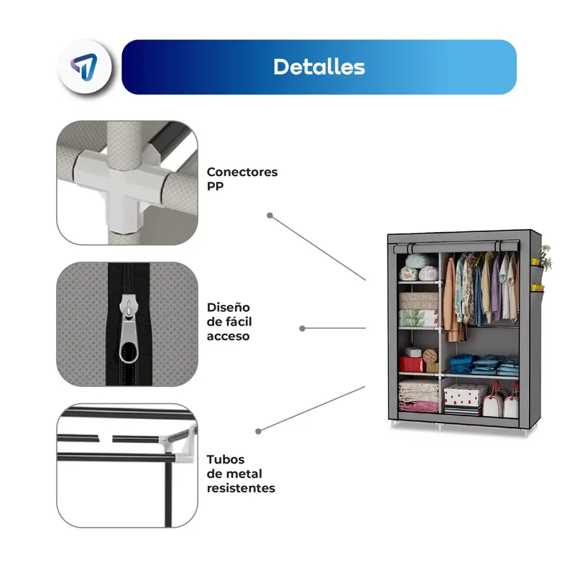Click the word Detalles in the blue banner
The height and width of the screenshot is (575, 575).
318,67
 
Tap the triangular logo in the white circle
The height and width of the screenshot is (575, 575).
86,68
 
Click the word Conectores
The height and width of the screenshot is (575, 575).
241,172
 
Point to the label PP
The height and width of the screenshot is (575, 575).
215,186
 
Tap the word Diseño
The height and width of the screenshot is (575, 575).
229,307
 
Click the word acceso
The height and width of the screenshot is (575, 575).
229,336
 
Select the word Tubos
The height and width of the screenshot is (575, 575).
226,459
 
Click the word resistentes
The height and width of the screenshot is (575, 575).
241,488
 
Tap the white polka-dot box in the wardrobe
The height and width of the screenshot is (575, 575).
465,396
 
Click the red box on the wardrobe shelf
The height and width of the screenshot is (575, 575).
412,364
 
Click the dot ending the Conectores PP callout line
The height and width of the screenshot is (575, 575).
270,215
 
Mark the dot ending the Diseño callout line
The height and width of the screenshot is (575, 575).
303,328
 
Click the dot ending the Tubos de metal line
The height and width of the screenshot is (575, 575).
259,431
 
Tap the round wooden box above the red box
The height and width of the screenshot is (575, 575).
431,356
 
